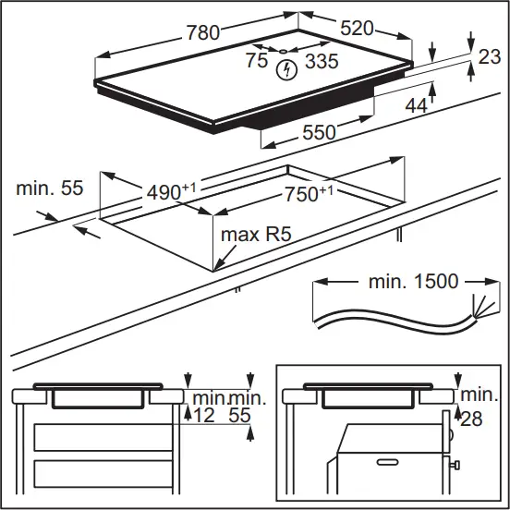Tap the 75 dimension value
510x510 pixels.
257,61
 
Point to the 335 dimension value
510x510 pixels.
321,62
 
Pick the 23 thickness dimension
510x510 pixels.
489,56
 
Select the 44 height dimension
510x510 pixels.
416,106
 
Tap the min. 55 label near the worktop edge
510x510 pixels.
50,189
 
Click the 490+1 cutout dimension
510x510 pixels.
172,192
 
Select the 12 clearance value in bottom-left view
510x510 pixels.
203,417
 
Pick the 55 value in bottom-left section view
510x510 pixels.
239,417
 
